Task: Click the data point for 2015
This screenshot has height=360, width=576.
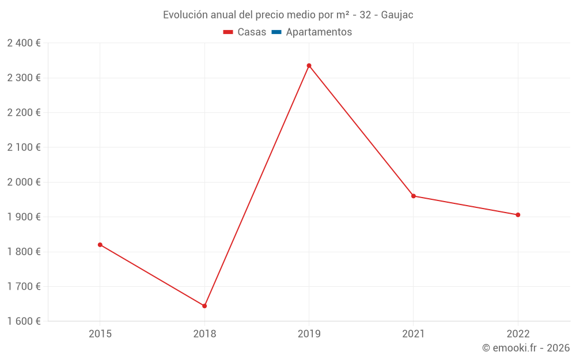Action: [100, 245]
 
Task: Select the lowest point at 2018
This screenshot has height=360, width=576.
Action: [204, 306]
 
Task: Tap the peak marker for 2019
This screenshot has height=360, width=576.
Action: [309, 66]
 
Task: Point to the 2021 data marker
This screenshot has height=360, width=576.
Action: [414, 196]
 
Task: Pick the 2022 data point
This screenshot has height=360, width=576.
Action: [518, 215]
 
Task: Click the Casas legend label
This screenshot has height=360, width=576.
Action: [252, 32]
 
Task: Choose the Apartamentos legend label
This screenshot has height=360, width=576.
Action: [319, 32]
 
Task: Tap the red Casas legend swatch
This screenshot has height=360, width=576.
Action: [228, 32]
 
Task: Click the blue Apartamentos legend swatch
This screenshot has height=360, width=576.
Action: [276, 32]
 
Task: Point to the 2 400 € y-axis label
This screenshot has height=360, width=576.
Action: [24, 43]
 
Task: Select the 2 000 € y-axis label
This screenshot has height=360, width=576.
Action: [24, 182]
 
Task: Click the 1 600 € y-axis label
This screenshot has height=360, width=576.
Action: [24, 321]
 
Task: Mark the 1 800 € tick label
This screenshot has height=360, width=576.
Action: [24, 252]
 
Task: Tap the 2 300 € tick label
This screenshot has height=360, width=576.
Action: [24, 78]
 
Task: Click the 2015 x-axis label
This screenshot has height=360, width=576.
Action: [100, 334]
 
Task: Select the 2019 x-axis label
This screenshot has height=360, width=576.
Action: [309, 334]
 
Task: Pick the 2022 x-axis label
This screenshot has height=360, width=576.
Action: [518, 334]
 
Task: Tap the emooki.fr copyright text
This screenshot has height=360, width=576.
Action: [525, 348]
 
